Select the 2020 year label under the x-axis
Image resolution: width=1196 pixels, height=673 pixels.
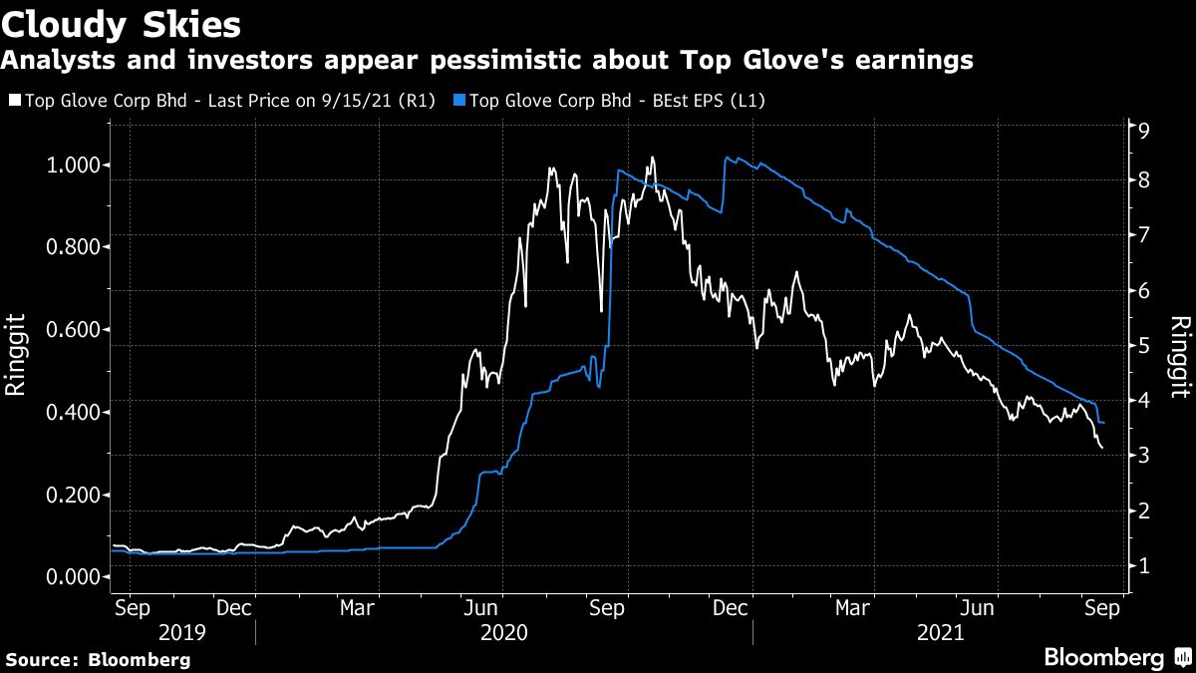pyautogui.click(x=503, y=632)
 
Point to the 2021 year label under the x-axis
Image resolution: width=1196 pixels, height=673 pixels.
pyautogui.click(x=939, y=632)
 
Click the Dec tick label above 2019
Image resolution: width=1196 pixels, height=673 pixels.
pyautogui.click(x=233, y=607)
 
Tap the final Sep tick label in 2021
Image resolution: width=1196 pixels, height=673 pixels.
pyautogui.click(x=1100, y=607)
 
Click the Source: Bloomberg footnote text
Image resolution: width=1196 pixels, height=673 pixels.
pyautogui.click(x=98, y=659)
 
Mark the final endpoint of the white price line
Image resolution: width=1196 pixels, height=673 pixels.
pyautogui.click(x=1102, y=449)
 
